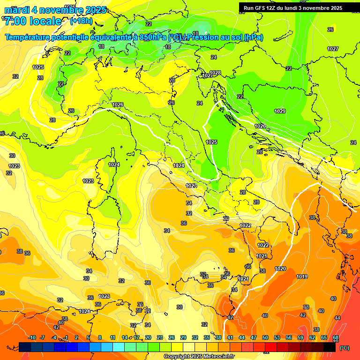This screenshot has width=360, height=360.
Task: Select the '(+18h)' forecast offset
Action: pos(81,21)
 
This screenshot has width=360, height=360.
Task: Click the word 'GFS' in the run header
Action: pos(262,8)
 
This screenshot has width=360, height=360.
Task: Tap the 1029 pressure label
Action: pos(280,111)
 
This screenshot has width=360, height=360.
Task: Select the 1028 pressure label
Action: pos(215,73)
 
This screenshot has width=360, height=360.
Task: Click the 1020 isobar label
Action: pos(280,269)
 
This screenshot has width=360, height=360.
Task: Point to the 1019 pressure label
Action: pos(302,277)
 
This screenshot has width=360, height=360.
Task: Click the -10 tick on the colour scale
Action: pos(32,337)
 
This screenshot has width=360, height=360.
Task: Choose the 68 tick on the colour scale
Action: pos(336,337)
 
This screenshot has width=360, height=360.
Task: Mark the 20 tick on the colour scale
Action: pos(148,337)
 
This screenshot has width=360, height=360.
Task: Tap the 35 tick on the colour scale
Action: pos(207,337)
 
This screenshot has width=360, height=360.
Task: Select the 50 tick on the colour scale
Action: pos(265,337)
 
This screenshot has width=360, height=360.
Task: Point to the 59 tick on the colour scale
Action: pos(300,337)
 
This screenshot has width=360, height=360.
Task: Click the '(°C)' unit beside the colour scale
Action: pos(345,347)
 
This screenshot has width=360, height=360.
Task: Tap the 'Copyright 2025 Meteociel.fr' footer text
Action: pos(199,357)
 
